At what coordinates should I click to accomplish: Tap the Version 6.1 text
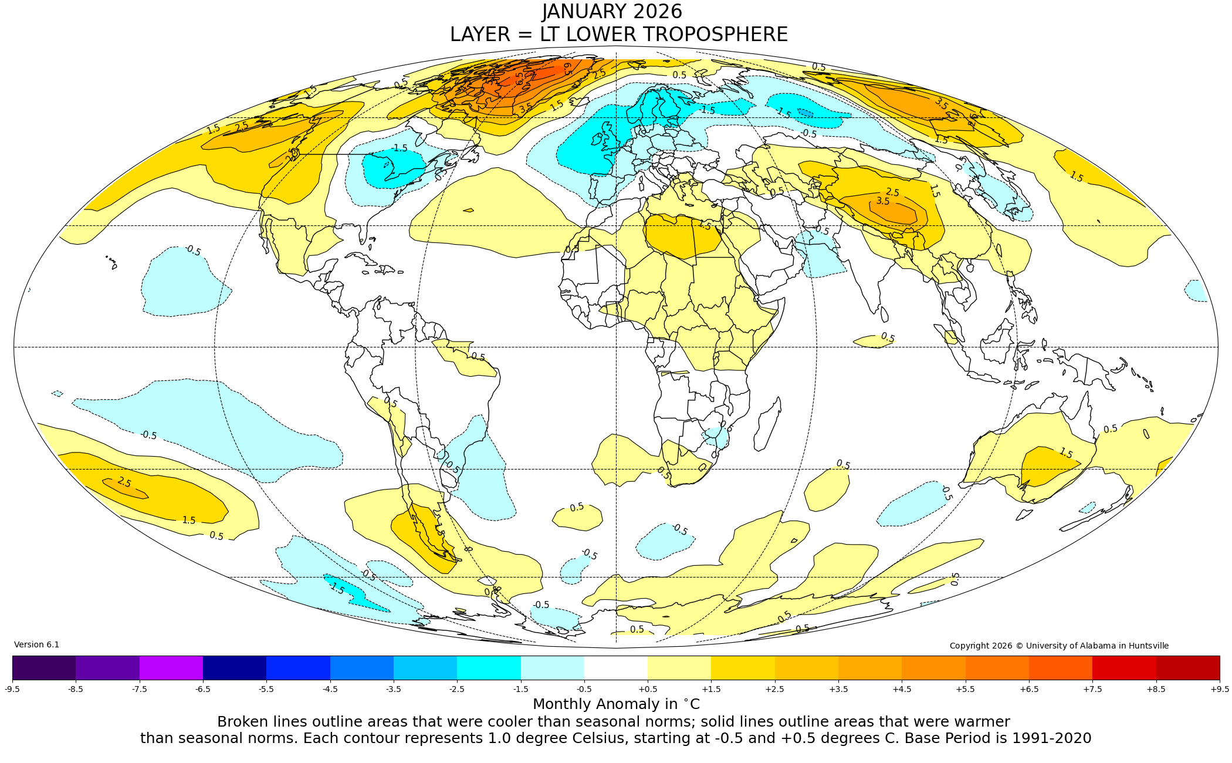(36, 644)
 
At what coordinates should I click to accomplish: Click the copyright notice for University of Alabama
(1059, 646)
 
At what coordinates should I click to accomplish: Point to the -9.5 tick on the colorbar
(12, 689)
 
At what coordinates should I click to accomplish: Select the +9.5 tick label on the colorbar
(1219, 689)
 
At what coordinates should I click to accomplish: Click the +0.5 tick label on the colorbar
(648, 689)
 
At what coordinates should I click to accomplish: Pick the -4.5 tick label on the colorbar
(330, 689)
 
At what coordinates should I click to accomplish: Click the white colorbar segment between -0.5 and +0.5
(616, 667)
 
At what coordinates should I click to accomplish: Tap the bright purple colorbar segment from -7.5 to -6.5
(171, 667)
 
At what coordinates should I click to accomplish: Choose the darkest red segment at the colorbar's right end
(1188, 667)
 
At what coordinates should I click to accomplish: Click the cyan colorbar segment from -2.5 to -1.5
(489, 667)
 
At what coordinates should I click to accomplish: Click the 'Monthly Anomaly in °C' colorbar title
(616, 704)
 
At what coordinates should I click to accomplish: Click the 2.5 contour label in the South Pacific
(124, 482)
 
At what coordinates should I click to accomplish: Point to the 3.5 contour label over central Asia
(882, 201)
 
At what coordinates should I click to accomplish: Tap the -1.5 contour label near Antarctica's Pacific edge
(336, 588)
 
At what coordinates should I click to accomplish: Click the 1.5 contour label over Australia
(1065, 453)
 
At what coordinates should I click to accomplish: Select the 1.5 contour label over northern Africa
(704, 225)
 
